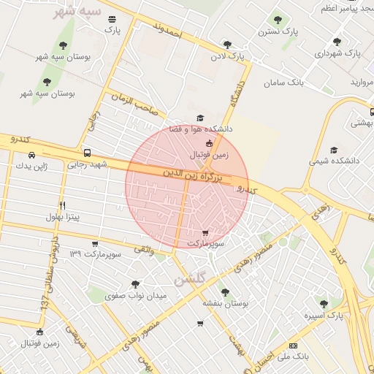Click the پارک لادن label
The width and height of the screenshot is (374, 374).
click(227, 56)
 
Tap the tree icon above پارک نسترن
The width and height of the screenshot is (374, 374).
click(277, 20)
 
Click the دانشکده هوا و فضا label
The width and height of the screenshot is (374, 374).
click(201, 129)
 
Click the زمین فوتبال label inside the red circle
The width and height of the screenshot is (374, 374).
click(210, 155)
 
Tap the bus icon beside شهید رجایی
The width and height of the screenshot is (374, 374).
click(88, 153)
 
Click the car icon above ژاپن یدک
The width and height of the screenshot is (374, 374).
click(31, 155)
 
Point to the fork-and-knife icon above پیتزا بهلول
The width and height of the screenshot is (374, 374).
click(62, 205)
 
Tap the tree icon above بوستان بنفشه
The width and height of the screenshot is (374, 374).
click(224, 291)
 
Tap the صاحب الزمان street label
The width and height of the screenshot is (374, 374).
click(134, 103)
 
